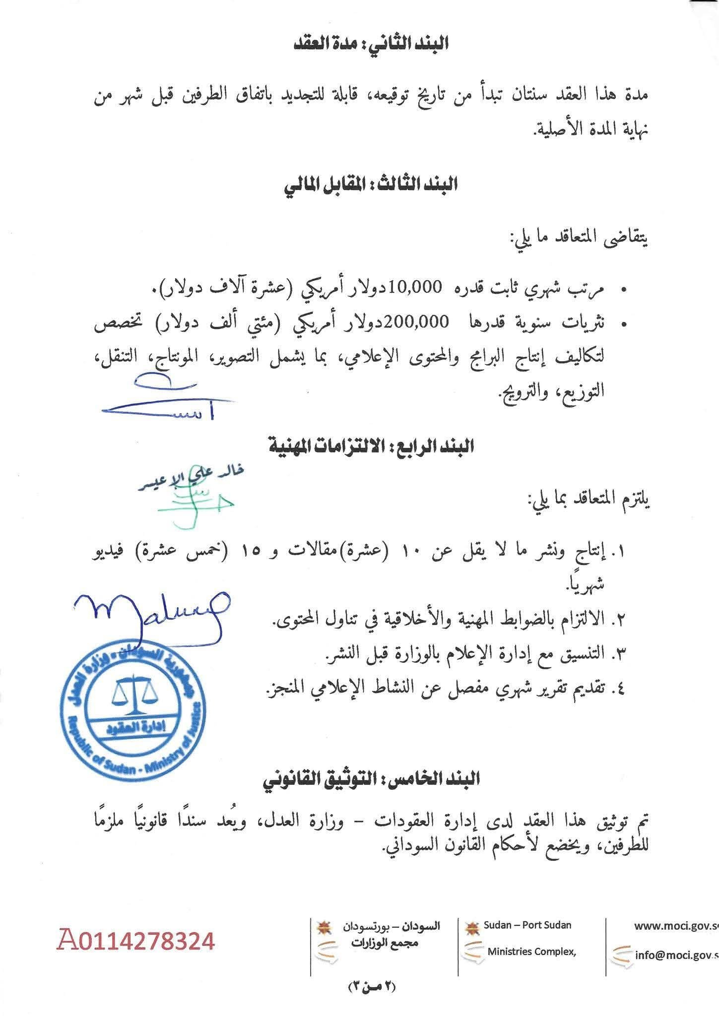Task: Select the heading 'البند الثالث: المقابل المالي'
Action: click(x=370, y=186)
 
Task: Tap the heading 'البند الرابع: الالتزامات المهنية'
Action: click(x=372, y=447)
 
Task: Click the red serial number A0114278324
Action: click(x=136, y=941)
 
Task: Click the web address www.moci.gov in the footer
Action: click(x=675, y=926)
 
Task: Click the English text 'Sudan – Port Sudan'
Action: click(x=527, y=925)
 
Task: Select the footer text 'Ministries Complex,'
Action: click(x=531, y=952)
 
